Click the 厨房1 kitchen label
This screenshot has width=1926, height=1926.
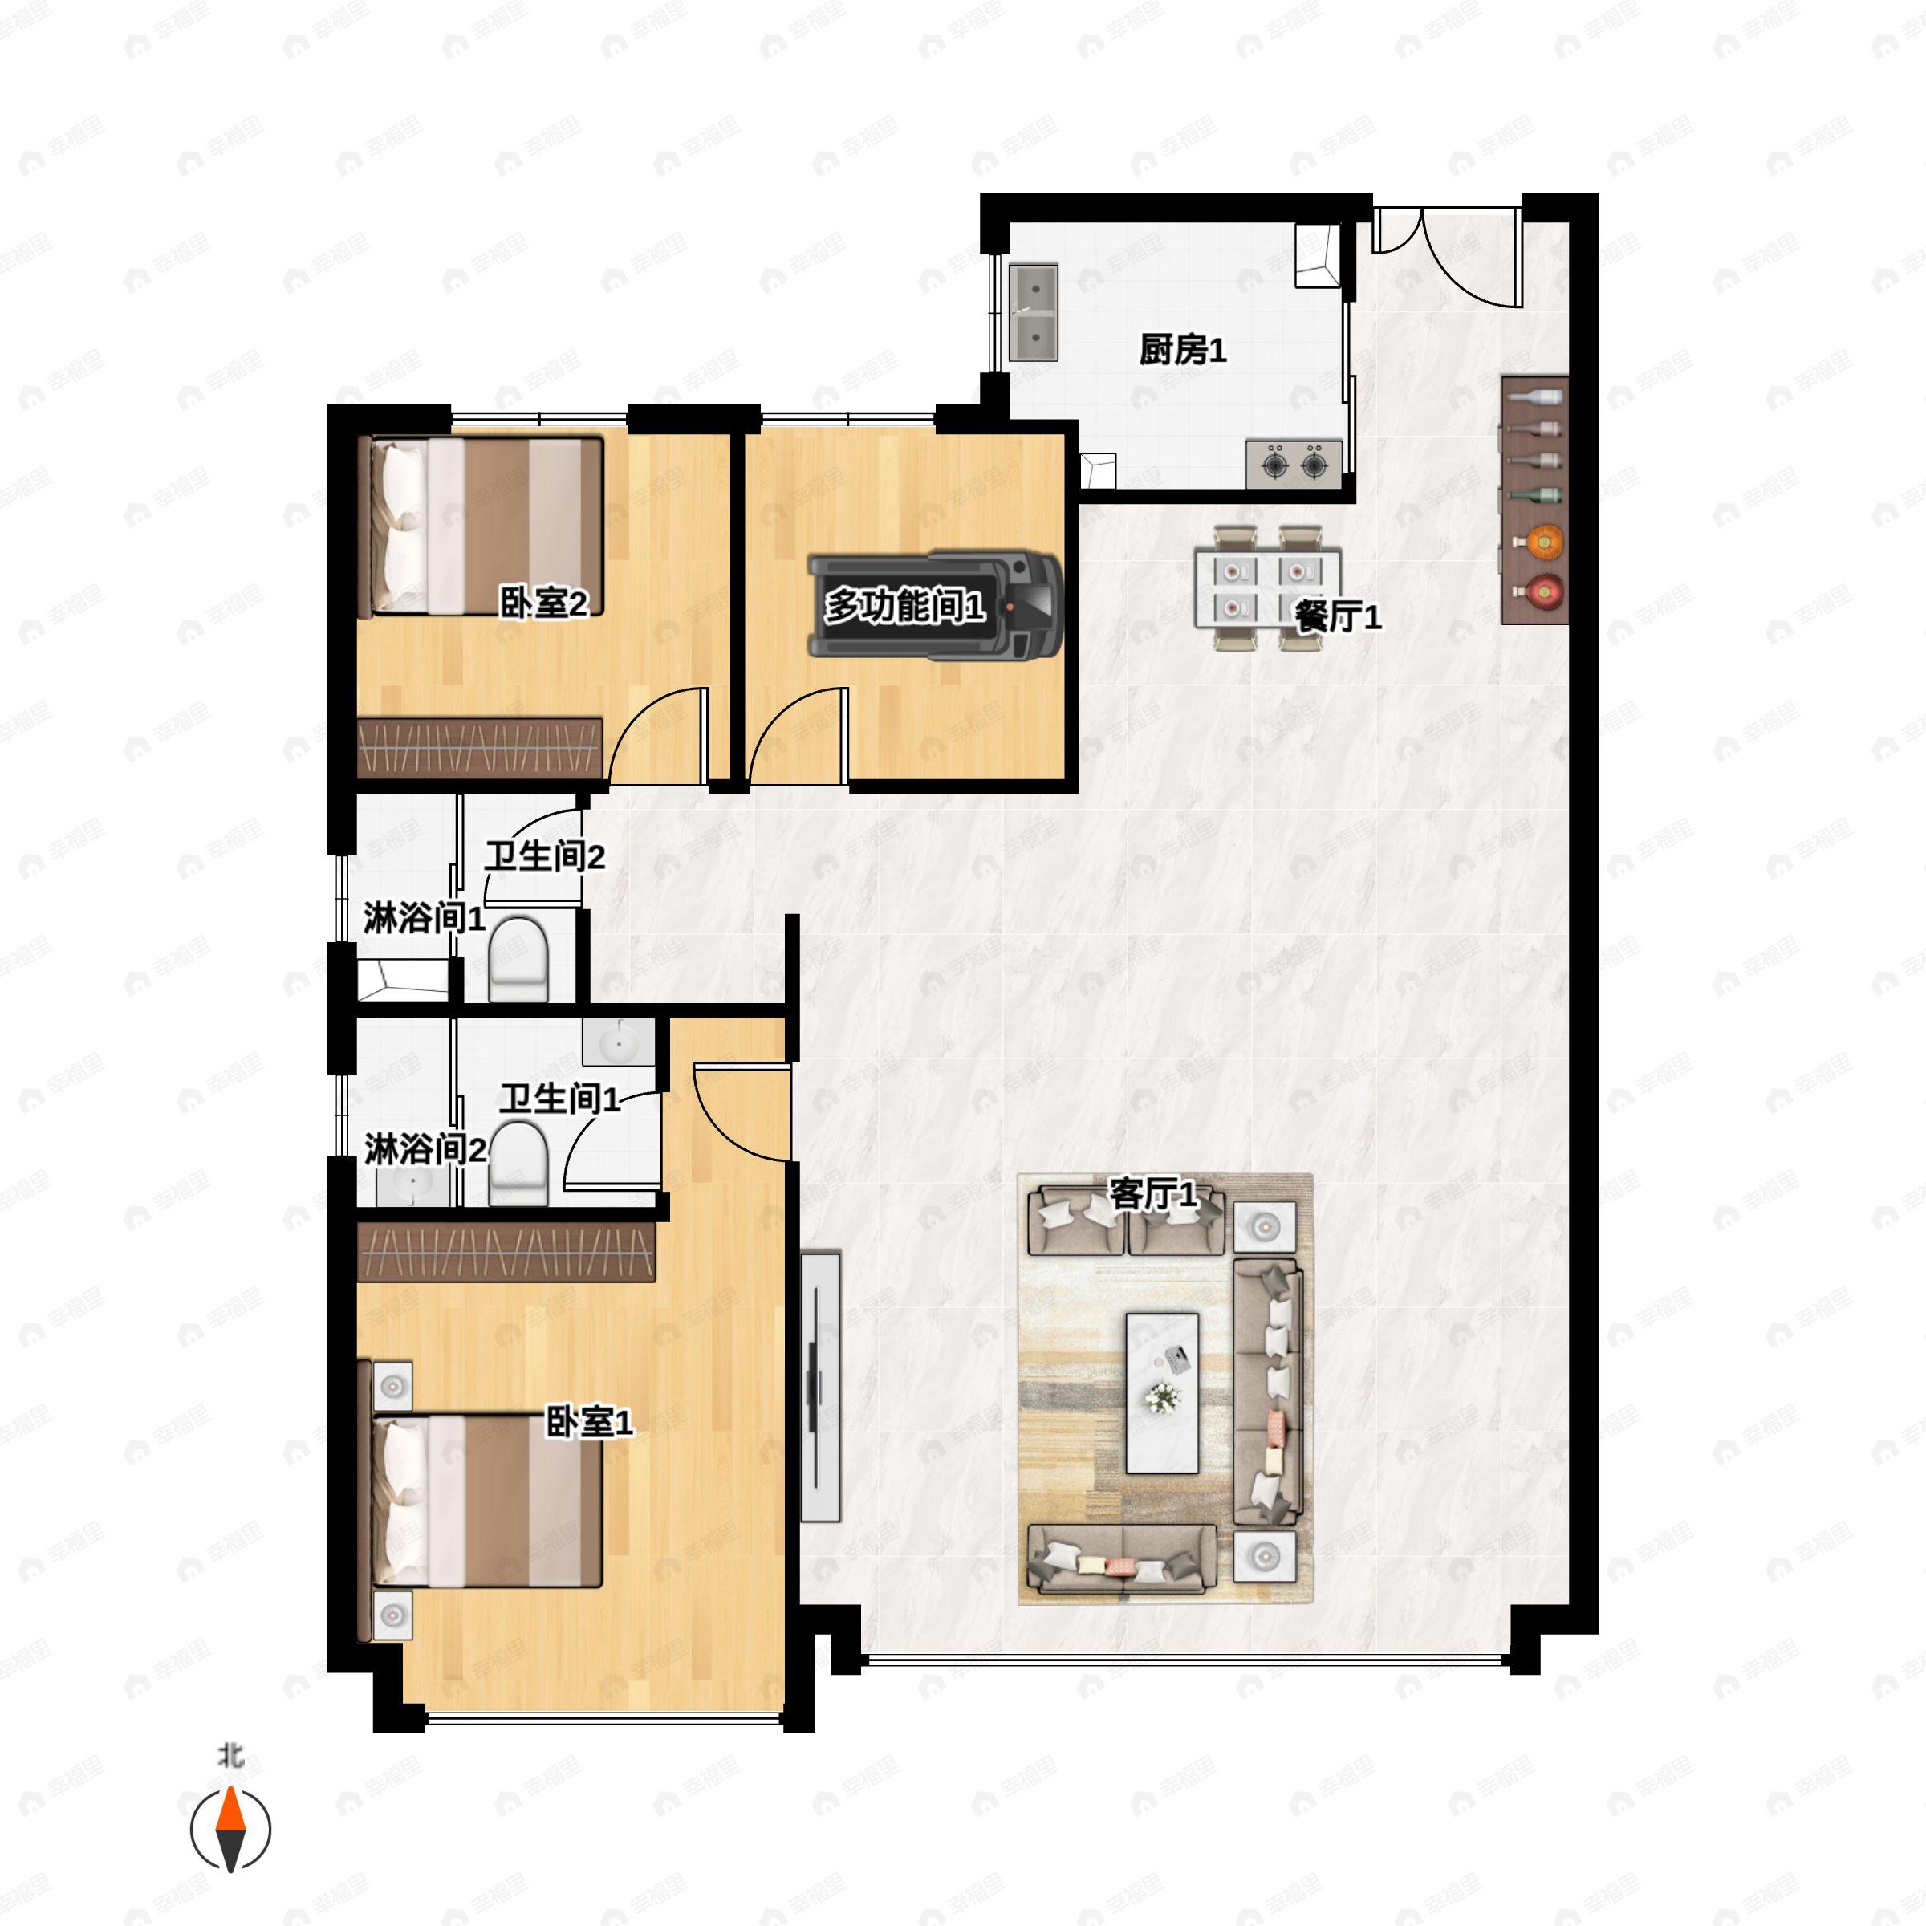tap(1182, 350)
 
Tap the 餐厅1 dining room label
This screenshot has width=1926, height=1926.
tap(1338, 617)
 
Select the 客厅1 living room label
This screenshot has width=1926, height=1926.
tap(1153, 1193)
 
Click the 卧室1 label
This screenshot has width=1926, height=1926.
tap(589, 1423)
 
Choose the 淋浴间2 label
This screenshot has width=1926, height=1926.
tap(425, 1149)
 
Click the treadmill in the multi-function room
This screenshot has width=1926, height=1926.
tap(934, 605)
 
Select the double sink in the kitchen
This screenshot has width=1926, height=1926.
tap(1034, 312)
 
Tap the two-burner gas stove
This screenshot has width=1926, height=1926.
tap(1294, 465)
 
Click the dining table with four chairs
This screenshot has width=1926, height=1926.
tap(1267, 588)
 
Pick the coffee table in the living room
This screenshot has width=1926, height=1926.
tap(1161, 1392)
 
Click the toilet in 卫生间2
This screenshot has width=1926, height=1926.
tap(519, 959)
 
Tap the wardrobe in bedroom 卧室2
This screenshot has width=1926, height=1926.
tap(481, 748)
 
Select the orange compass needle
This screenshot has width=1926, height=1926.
tap(231, 1810)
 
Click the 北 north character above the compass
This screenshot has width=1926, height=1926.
tap(231, 1754)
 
